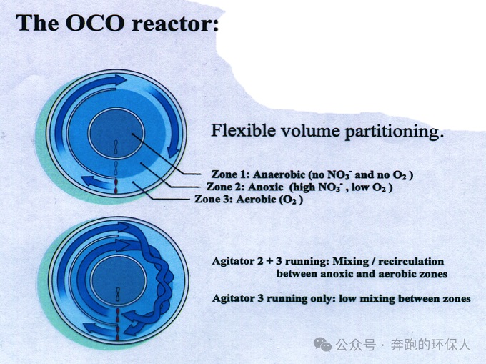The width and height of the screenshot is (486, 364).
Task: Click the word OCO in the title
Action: pos(95,23)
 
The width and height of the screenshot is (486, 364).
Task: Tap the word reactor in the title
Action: pos(175,24)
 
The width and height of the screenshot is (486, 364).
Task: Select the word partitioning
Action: pos(393,132)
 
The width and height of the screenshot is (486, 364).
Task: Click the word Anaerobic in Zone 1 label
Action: pos(279,174)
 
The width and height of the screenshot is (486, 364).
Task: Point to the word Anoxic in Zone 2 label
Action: pos(266,187)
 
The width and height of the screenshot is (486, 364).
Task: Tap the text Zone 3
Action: pos(213,199)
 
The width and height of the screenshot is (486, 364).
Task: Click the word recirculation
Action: pos(411,261)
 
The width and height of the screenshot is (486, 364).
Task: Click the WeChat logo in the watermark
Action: pos(322,345)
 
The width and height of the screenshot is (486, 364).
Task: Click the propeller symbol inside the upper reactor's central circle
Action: pos(116,147)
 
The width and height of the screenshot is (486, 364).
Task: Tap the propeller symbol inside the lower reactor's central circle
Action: pos(117,295)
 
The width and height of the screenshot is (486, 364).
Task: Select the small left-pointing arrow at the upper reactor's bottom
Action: pos(96,182)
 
